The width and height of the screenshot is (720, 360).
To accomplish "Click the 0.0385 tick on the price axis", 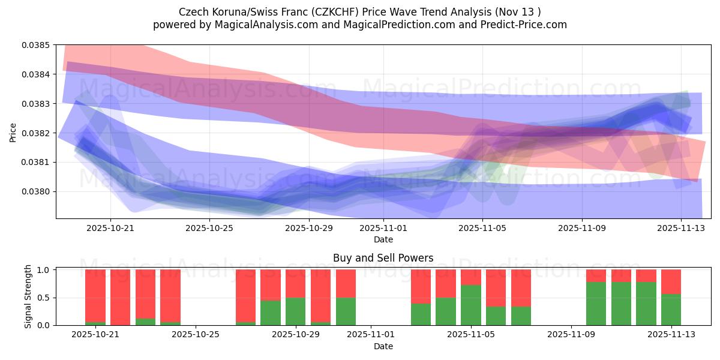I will tap(37, 45).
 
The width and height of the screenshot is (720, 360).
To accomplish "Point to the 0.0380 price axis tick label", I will tap(37, 191).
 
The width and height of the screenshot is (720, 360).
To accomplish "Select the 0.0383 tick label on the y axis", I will tap(37, 104).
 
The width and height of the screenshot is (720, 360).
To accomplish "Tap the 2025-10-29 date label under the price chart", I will tap(308, 228).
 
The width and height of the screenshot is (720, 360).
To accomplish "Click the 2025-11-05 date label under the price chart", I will tap(482, 228).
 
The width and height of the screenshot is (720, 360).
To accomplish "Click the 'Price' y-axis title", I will tap(13, 132).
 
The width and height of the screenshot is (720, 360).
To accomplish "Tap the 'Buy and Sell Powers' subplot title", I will tap(383, 259).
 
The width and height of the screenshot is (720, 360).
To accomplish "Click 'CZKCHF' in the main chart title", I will tap(340, 12).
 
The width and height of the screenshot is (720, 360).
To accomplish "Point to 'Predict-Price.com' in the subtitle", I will tap(521, 25).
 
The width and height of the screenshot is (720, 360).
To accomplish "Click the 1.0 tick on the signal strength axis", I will tap(43, 270).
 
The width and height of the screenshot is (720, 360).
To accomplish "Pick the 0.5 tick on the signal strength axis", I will tap(43, 298).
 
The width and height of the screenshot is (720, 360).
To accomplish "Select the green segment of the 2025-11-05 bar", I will tap(471, 305).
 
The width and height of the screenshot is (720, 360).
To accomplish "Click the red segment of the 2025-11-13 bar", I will tap(671, 281).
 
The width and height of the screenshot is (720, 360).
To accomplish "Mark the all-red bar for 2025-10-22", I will tap(120, 297).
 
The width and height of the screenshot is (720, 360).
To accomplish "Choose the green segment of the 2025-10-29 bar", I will tap(296, 311).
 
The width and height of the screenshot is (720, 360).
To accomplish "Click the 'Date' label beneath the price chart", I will tap(383, 239).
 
